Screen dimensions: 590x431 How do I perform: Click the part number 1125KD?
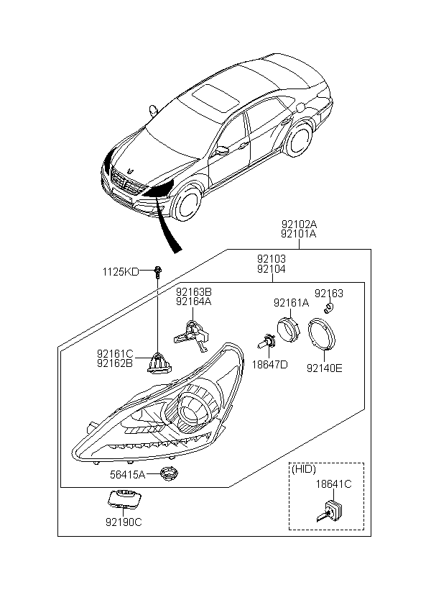(120, 271)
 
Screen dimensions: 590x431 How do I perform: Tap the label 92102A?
(299, 224)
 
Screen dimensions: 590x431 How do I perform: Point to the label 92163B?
(194, 292)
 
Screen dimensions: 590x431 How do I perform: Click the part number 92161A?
(291, 304)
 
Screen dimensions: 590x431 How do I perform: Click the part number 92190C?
(124, 522)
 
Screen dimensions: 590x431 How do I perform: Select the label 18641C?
(334, 484)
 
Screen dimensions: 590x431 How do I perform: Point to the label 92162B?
(116, 363)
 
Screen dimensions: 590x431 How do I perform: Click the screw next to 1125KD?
(157, 271)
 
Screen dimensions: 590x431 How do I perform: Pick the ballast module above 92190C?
(124, 499)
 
